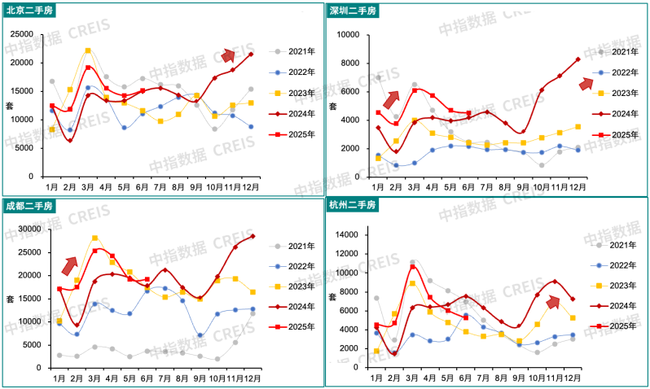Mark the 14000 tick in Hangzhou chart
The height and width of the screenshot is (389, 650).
pyautogui.click(x=347, y=235)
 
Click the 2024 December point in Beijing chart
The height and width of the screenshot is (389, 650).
pyautogui.click(x=251, y=54)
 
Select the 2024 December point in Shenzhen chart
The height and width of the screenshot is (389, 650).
pyautogui.click(x=578, y=59)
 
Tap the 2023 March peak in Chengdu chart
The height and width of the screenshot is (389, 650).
pyautogui.click(x=94, y=238)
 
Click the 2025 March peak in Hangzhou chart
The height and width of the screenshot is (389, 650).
pyautogui.click(x=413, y=266)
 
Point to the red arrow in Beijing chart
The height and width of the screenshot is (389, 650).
pyautogui.click(x=229, y=55)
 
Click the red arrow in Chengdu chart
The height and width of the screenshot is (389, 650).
pyautogui.click(x=70, y=265)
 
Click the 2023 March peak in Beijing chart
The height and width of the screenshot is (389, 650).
pyautogui.click(x=88, y=50)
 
